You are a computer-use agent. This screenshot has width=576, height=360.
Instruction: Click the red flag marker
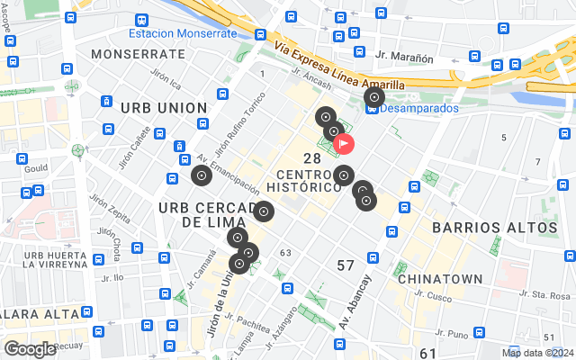click(344, 142)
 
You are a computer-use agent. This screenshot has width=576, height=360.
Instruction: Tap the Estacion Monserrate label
click(183, 33)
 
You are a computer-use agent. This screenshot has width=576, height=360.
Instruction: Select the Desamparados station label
click(419, 108)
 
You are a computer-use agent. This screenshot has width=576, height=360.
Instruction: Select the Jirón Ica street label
click(166, 80)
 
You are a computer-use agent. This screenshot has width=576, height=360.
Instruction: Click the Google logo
click(30, 349)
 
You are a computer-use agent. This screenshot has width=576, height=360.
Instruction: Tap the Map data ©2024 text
click(536, 353)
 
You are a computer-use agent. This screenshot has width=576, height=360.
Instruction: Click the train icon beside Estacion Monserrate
click(140, 20)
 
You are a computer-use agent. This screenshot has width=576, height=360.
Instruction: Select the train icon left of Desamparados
click(373, 108)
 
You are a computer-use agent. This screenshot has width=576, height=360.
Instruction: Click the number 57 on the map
click(346, 265)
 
